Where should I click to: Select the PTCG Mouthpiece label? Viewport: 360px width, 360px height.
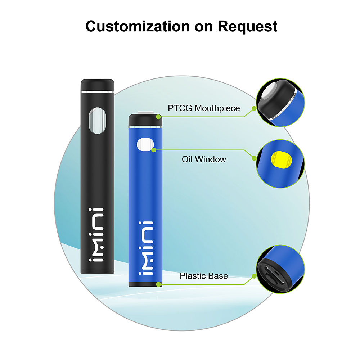pos(204,108)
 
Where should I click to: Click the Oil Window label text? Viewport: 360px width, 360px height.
pos(204,159)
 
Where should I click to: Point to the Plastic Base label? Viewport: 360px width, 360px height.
pos(204,276)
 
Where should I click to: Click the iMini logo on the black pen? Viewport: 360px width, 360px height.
pos(97,235)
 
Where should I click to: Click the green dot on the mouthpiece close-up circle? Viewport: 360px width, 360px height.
pos(254,108)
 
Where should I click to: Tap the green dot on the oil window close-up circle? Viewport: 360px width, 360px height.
pos(254,158)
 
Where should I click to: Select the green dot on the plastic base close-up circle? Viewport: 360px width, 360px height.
pos(254,276)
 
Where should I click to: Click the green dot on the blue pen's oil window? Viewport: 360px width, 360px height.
pos(154,149)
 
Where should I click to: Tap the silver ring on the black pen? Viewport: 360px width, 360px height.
pos(98,91)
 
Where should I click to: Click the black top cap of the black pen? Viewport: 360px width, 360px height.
pos(98,85)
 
